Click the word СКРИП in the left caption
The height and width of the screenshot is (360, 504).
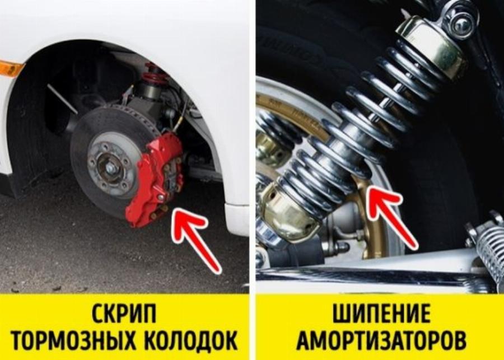(x=124, y=313)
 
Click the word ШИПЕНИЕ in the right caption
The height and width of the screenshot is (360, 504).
(x=381, y=313)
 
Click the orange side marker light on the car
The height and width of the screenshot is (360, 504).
(x=11, y=68)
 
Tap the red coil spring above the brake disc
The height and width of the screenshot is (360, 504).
(x=153, y=73)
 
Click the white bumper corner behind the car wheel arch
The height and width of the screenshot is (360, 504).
(x=237, y=219)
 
